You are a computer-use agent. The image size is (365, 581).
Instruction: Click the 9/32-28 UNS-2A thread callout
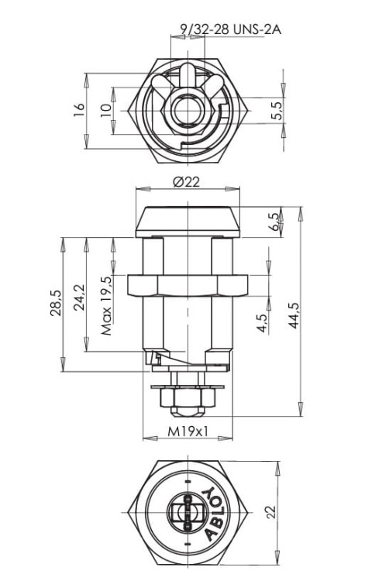(x=230, y=29)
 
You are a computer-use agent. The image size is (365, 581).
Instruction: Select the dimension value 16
(x=79, y=110)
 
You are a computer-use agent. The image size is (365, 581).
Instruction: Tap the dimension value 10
(x=106, y=110)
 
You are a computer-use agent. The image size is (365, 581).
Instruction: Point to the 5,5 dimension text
(x=277, y=110)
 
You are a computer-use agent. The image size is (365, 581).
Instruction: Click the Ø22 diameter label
(x=187, y=181)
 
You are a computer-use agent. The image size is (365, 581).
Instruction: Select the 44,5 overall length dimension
(x=294, y=315)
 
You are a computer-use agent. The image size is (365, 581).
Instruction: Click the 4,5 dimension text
(x=263, y=324)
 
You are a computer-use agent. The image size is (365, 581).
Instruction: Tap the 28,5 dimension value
(x=56, y=303)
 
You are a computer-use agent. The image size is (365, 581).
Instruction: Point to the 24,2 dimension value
(x=79, y=297)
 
